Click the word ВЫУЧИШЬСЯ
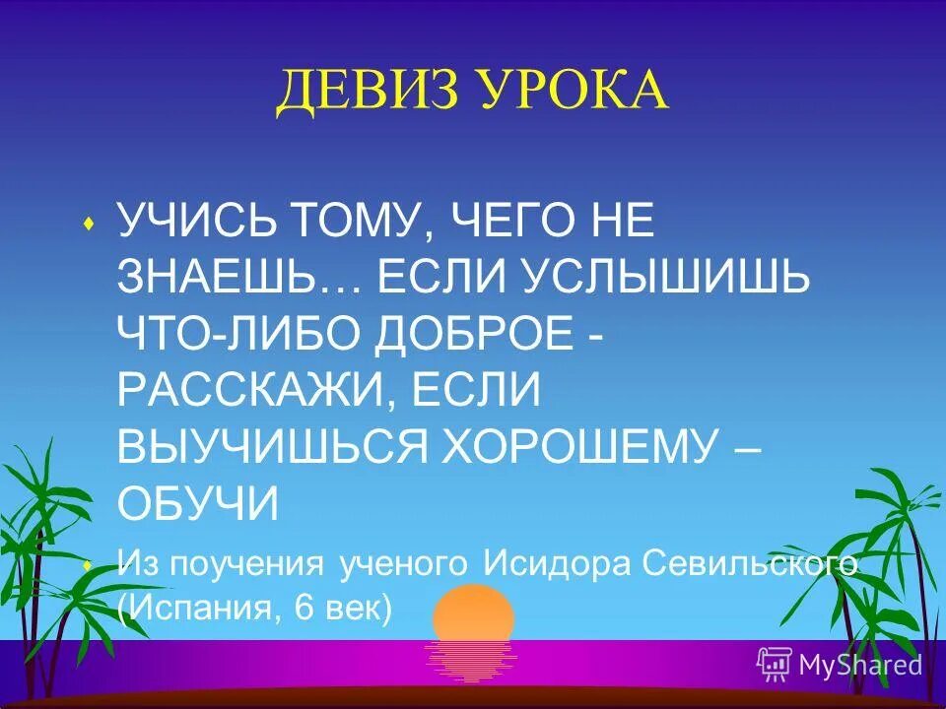point(271,449)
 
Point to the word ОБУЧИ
point(198,505)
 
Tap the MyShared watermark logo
point(839,664)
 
